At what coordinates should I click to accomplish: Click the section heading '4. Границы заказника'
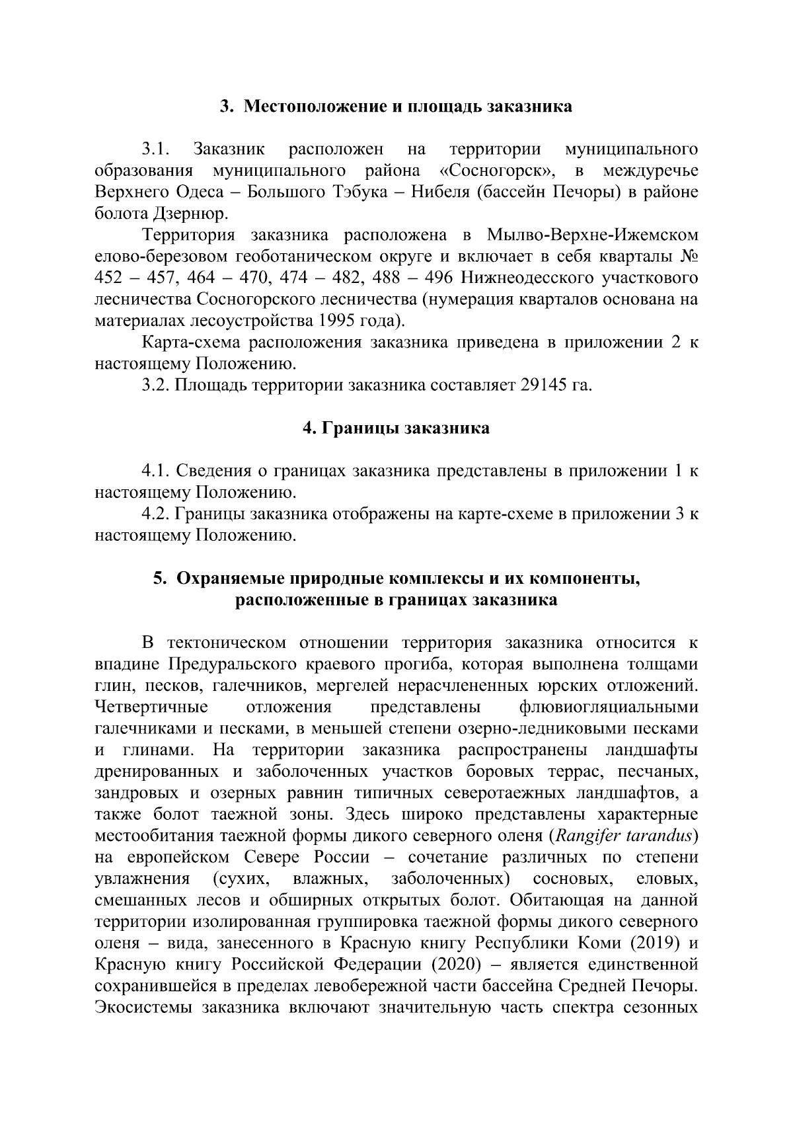point(396,428)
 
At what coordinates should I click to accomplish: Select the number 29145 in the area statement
point(536,385)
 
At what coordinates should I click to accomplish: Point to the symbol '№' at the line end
point(689,257)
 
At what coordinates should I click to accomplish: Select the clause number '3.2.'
point(157,385)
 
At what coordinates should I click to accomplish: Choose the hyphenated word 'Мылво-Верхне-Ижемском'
point(592,235)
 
